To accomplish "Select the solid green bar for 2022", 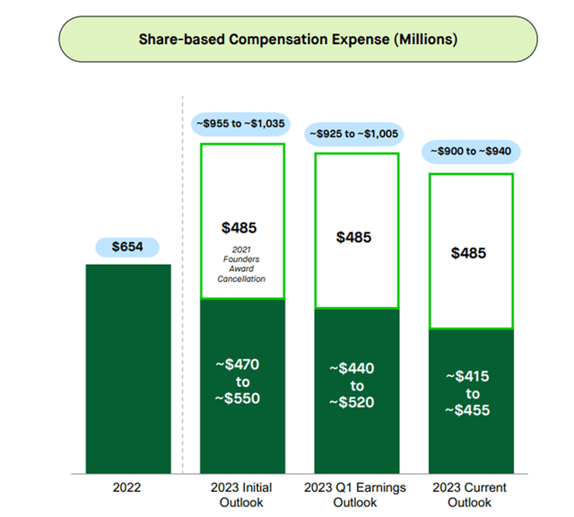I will pos(127,368).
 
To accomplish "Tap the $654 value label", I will pos(127,247).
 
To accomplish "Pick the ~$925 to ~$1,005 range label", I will pos(355,135).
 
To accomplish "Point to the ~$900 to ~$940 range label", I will pos(470,153).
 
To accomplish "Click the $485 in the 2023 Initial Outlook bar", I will pos(241,228).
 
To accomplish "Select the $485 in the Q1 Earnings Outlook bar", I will pos(355,237).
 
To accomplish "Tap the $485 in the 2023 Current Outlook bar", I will pos(470,253).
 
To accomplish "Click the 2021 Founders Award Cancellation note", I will pos(241,264).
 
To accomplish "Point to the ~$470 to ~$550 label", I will pos(241,381).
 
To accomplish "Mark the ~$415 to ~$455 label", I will pos(470,393).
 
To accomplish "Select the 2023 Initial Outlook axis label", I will pos(241,495).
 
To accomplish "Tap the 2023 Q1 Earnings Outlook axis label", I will pos(355,495).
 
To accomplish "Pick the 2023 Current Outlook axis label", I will pos(470,495).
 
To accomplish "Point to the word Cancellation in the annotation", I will pos(241,278).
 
